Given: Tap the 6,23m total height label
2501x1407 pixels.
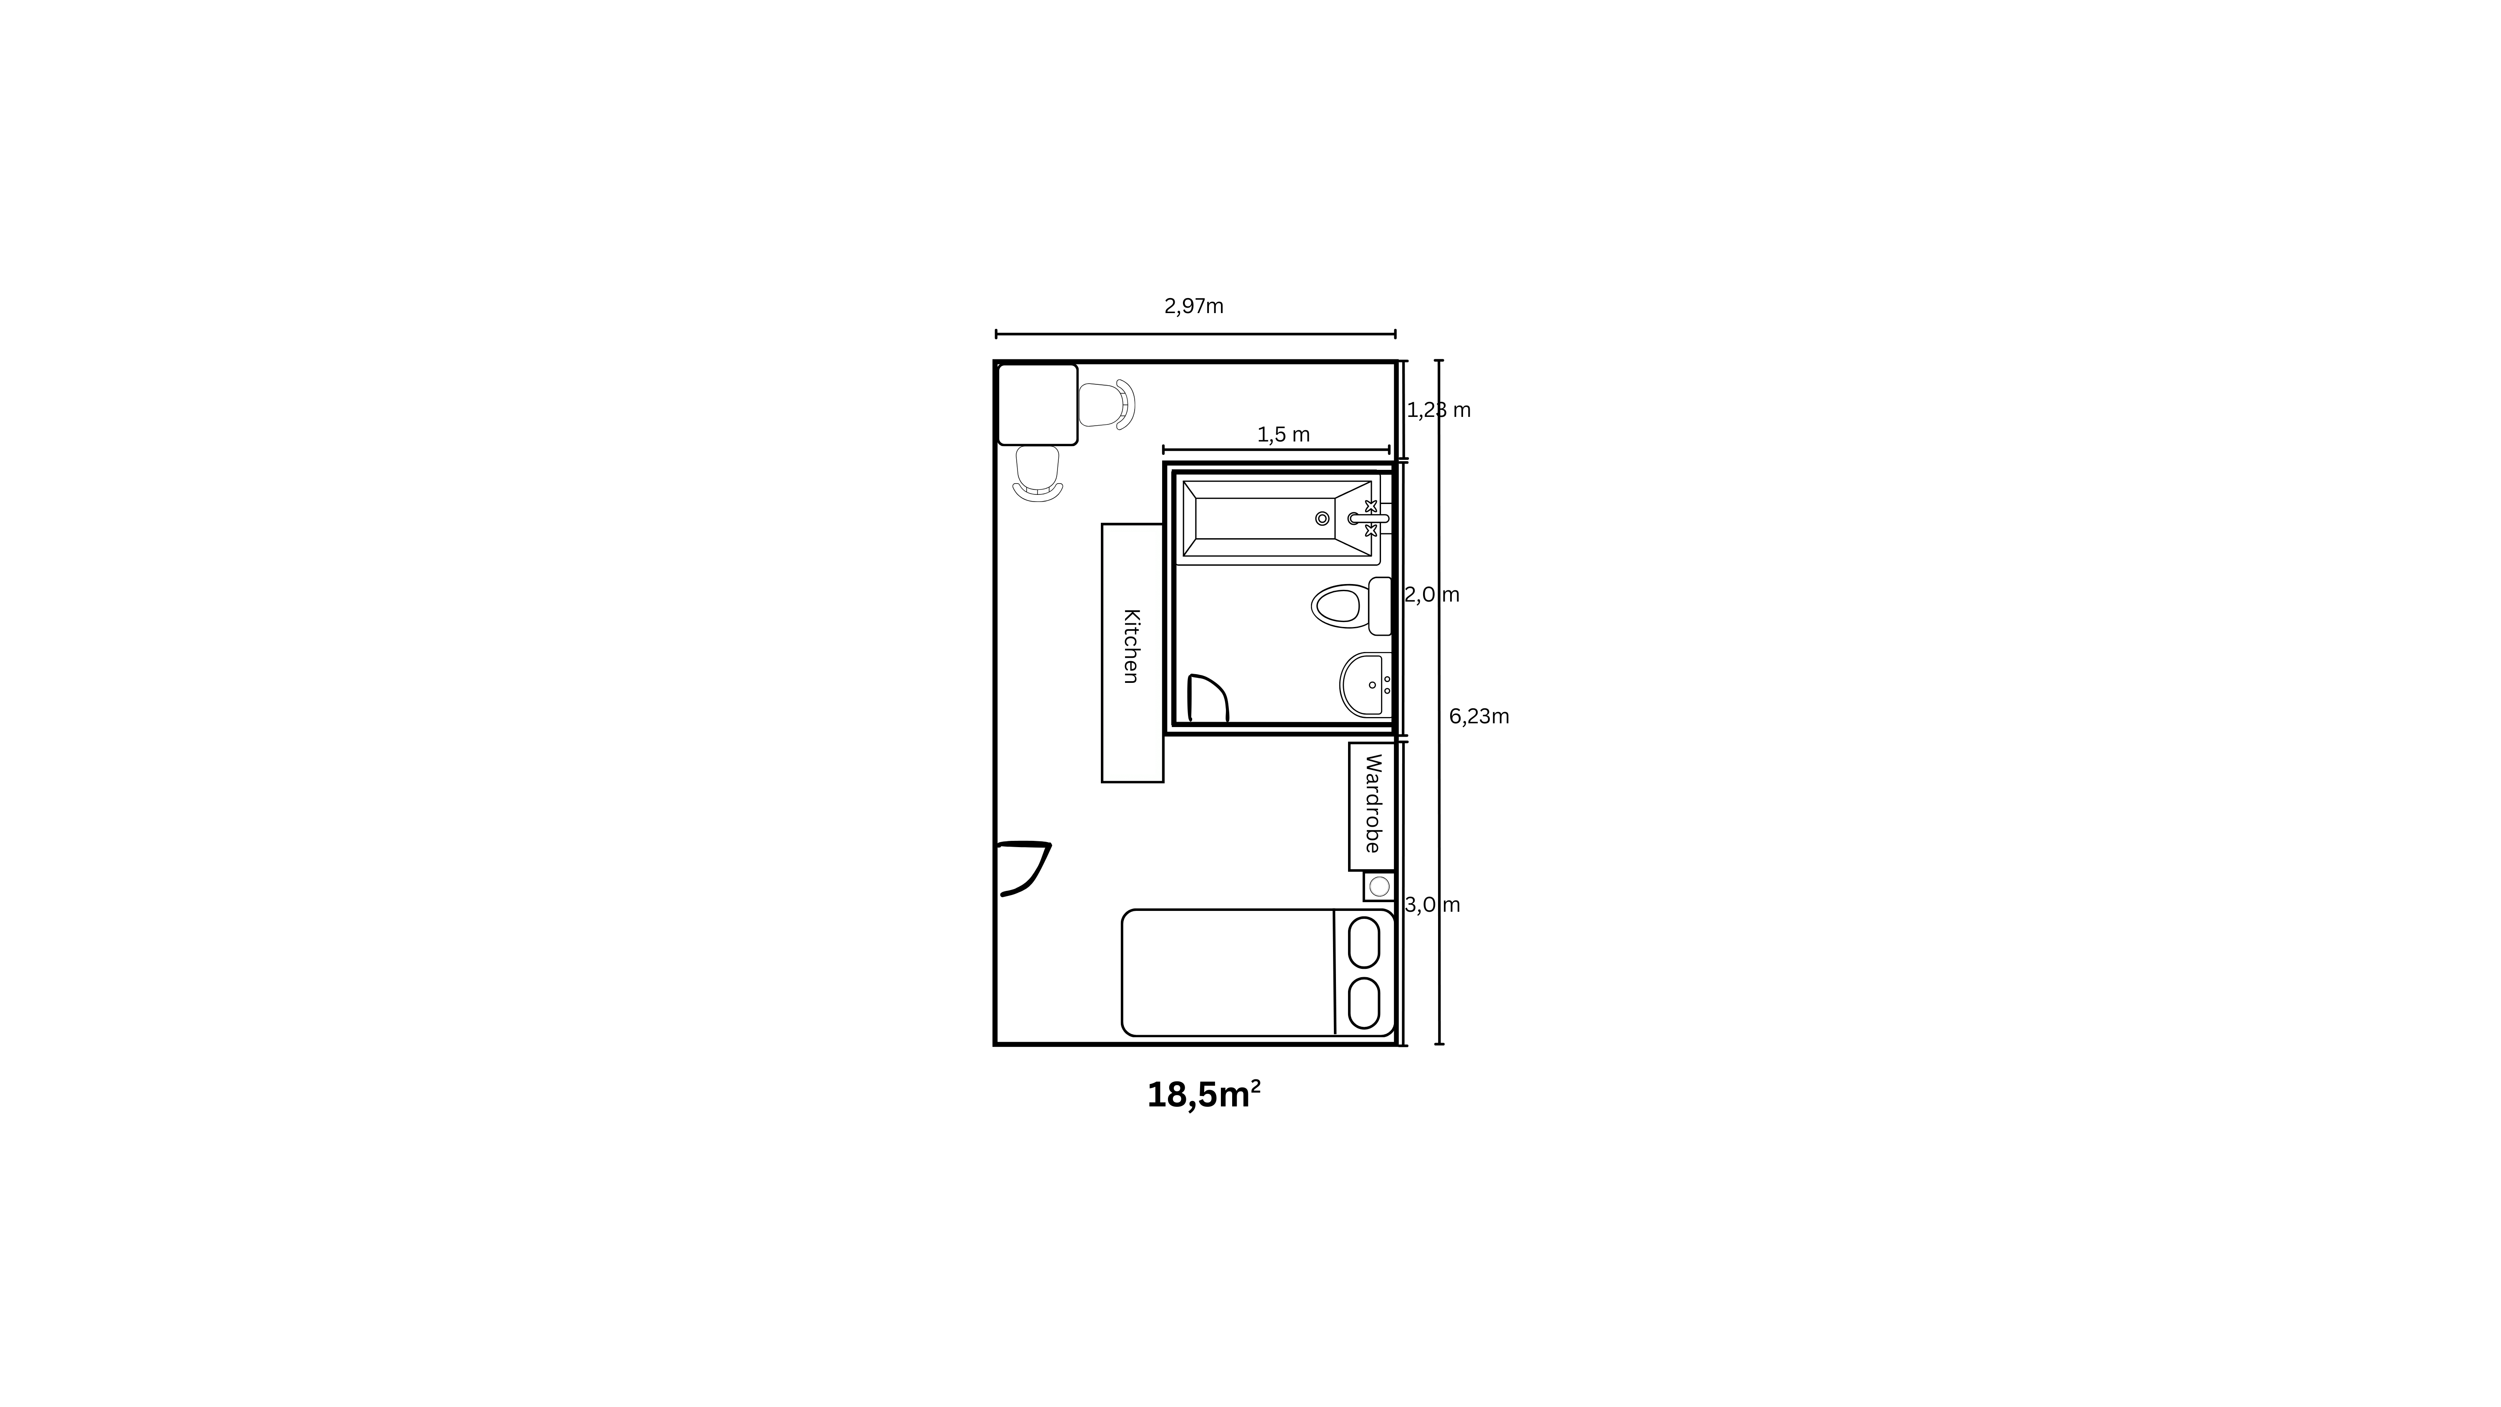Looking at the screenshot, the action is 1479,717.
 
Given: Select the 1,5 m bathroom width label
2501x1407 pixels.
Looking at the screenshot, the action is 1283,435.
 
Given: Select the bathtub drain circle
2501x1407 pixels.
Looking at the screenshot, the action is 1322,519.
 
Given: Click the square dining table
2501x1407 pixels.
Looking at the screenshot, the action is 1038,405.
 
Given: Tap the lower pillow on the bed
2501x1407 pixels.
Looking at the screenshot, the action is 1364,1003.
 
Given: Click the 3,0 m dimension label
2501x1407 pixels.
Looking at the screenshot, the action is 1432,905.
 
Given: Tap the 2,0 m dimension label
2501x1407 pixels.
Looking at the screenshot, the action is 1432,594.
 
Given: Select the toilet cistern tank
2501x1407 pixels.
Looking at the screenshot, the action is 1380,606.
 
